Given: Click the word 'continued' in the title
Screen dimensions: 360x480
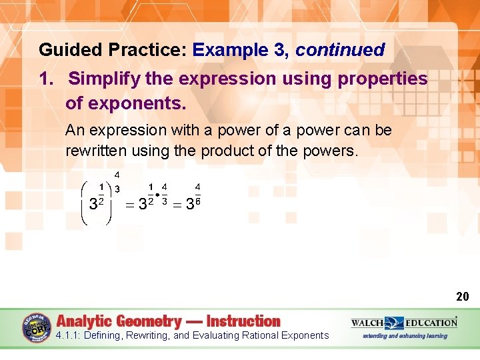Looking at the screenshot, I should coord(340,50).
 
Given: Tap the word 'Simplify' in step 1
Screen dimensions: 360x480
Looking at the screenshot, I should coord(102,79).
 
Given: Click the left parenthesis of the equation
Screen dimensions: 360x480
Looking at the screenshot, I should coord(84,203).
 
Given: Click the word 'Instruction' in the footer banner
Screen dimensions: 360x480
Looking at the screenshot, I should coord(243,321).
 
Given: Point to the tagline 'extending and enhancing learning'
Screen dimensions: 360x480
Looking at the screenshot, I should coord(405,336).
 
